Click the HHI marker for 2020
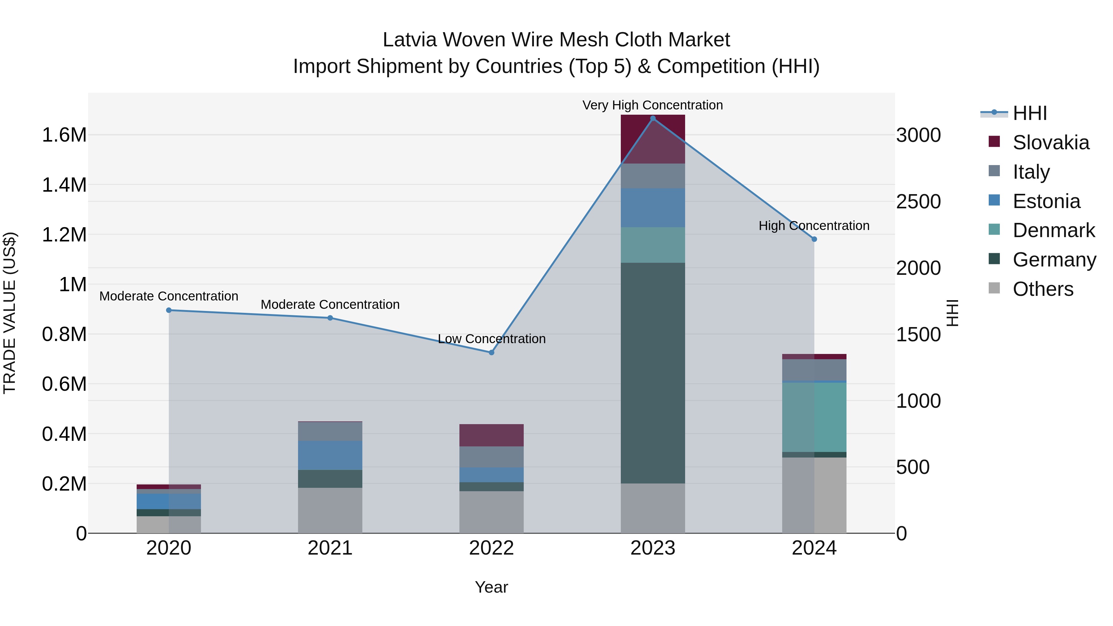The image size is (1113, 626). tap(169, 310)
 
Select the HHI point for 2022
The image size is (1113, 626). tap(491, 352)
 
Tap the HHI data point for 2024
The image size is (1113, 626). tap(814, 239)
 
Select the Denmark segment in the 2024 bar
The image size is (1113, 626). tap(814, 417)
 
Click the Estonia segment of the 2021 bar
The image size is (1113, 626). tap(330, 455)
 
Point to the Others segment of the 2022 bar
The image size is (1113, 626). tap(491, 512)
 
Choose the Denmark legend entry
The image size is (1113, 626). tap(1053, 230)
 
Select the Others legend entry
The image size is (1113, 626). tap(1043, 289)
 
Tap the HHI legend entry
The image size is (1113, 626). tap(1030, 113)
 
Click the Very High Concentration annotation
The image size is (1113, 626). tap(652, 105)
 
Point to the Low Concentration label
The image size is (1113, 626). tap(492, 339)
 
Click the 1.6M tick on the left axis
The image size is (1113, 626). tap(64, 135)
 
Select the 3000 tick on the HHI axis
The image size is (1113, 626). tap(918, 135)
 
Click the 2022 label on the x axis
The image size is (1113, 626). tap(491, 548)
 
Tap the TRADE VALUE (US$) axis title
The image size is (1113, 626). tap(10, 313)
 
